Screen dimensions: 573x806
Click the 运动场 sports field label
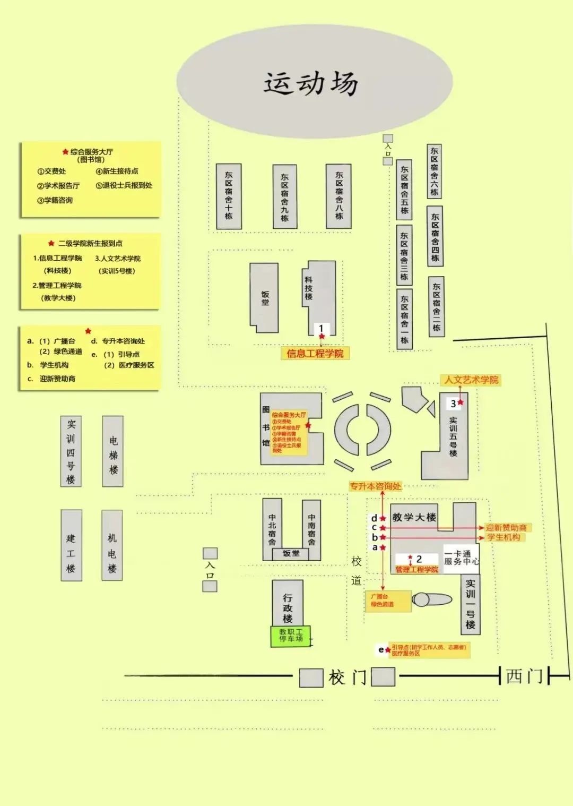pyautogui.click(x=312, y=84)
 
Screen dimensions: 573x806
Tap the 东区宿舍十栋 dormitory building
pyautogui.click(x=229, y=196)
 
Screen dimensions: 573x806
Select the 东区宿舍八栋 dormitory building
pyautogui.click(x=338, y=196)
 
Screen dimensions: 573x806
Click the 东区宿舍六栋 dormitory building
pyautogui.click(x=435, y=171)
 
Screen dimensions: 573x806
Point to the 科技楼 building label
pyautogui.click(x=309, y=288)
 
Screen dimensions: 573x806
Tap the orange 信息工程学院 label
pyautogui.click(x=315, y=354)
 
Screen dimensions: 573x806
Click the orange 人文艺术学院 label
pyautogui.click(x=471, y=380)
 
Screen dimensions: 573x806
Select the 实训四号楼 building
pyautogui.click(x=71, y=451)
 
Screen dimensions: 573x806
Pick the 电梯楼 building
pyautogui.click(x=113, y=451)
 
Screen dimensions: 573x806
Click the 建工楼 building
pyautogui.click(x=71, y=545)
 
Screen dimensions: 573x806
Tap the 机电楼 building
pyautogui.click(x=112, y=545)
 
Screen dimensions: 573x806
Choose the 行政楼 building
pyautogui.click(x=288, y=603)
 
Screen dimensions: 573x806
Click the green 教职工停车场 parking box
pyautogui.click(x=291, y=636)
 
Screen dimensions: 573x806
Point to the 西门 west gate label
pyautogui.click(x=524, y=676)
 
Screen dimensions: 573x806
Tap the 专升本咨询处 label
pyautogui.click(x=375, y=486)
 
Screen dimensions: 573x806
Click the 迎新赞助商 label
pyautogui.click(x=506, y=528)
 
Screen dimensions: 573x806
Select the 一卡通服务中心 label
pyautogui.click(x=461, y=558)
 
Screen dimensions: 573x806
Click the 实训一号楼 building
pyautogui.click(x=471, y=604)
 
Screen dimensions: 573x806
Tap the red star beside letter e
pyautogui.click(x=388, y=650)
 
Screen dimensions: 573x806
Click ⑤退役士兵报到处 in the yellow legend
pyautogui.click(x=124, y=185)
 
